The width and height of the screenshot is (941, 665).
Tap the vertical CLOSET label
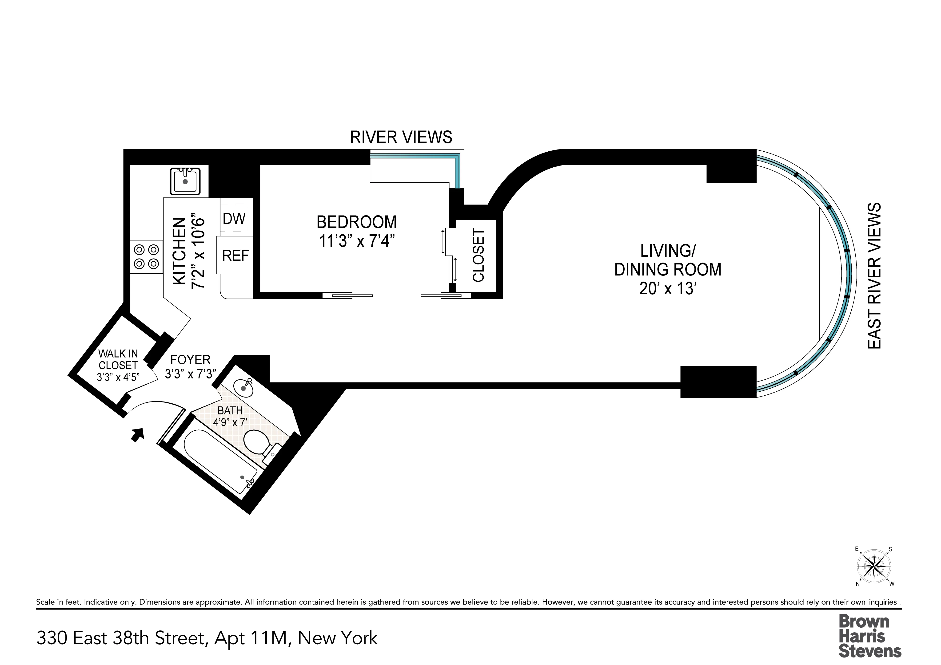pos(478,255)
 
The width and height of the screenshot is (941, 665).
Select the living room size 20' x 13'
pos(668,289)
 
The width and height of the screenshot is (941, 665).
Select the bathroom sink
pos(243,386)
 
